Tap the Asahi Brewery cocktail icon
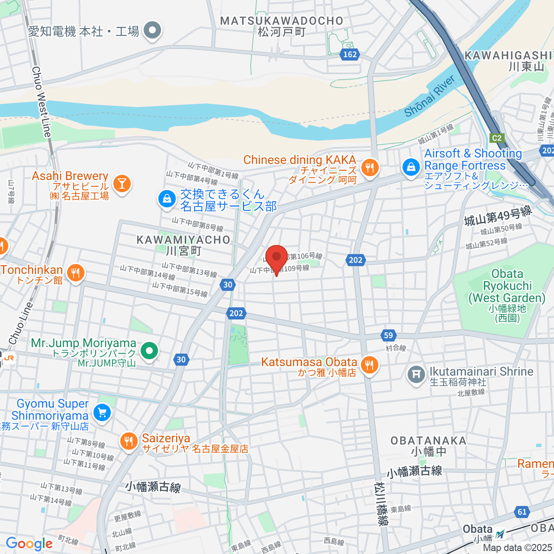[122, 184]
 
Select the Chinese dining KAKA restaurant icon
[369, 168]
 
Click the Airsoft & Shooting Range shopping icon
[410, 167]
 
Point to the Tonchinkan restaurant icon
[75, 273]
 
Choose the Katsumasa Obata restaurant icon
[369, 366]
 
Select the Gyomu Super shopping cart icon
[102, 412]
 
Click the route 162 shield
[350, 54]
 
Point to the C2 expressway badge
[496, 138]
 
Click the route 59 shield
[389, 336]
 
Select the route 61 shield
[522, 512]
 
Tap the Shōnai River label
[429, 96]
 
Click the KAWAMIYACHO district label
[183, 240]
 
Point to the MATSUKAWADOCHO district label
[282, 21]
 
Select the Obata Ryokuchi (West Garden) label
[507, 286]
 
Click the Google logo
[29, 543]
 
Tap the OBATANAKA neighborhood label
[428, 440]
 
